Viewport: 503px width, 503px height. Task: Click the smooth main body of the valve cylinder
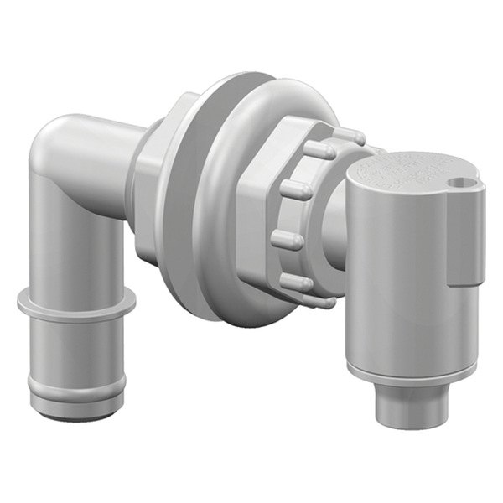[394, 277]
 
